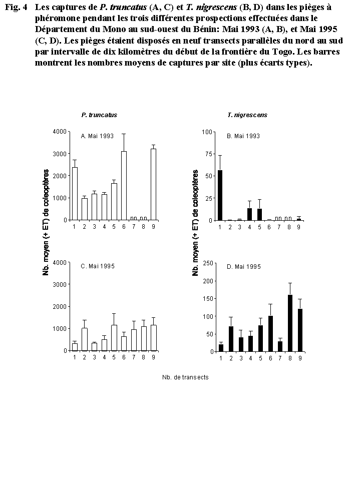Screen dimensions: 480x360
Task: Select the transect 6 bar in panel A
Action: (x=123, y=186)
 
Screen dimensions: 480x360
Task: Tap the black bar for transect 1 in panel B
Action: (x=220, y=195)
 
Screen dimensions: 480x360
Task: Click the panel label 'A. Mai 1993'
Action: (x=97, y=136)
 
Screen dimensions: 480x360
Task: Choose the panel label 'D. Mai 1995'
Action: (x=244, y=267)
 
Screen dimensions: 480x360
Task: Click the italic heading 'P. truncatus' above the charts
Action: (x=99, y=115)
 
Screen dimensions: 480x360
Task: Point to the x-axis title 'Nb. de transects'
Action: (x=185, y=377)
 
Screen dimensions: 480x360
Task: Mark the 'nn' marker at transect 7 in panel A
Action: (x=134, y=218)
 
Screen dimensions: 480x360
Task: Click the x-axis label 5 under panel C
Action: (x=114, y=357)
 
